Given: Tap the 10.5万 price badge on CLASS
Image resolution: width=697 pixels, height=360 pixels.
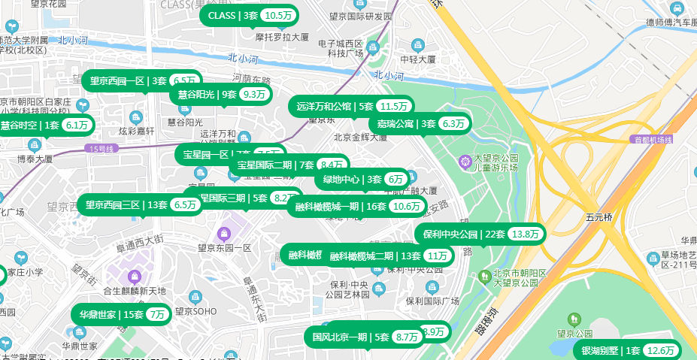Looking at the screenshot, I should (x=278, y=15).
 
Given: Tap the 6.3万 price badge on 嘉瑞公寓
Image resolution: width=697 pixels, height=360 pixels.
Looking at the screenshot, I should (x=454, y=124).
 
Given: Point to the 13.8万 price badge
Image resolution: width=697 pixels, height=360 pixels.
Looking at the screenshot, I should (x=526, y=234).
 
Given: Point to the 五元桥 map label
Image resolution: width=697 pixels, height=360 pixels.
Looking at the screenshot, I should (x=599, y=217).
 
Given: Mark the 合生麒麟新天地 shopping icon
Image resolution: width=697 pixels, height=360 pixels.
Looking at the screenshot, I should (x=134, y=277).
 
